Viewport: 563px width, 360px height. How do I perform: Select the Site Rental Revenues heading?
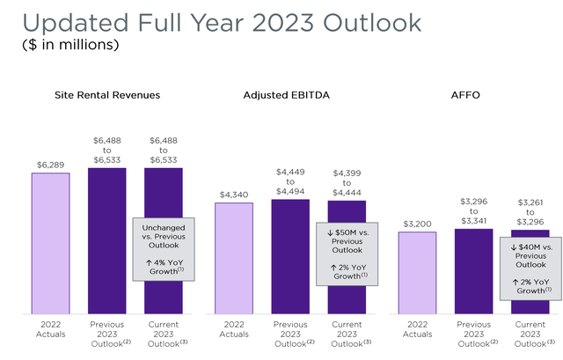coord(107,95)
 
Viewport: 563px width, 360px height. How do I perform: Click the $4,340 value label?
coord(234,195)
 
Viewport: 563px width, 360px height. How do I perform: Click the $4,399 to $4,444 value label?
coord(347,181)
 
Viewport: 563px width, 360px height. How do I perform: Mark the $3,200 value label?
coord(417,224)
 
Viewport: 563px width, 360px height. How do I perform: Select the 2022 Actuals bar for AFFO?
coord(417,272)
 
